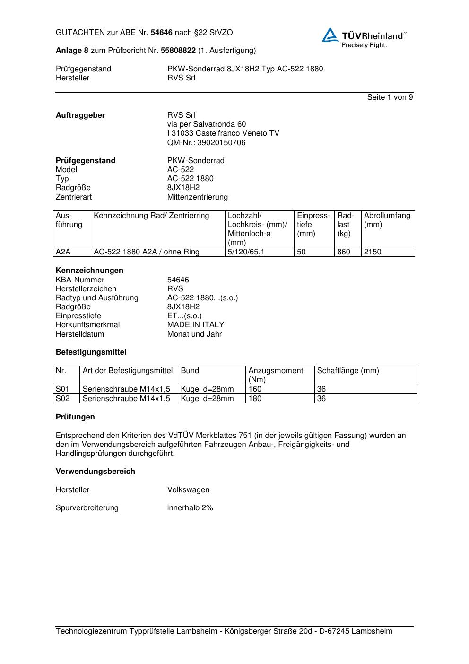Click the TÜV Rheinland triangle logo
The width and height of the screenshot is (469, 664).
[330, 35]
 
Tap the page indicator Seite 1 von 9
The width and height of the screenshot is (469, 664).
[390, 97]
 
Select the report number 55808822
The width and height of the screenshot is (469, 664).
[178, 51]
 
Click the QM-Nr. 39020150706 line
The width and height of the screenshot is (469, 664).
[206, 143]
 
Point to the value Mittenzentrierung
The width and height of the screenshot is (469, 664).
[197, 197]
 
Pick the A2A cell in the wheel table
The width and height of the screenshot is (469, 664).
[63, 252]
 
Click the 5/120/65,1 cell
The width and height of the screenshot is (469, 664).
[246, 252]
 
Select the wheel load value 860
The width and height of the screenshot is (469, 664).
[344, 252]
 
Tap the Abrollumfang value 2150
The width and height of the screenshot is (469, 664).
[373, 252]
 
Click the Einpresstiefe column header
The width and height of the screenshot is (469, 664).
[313, 225]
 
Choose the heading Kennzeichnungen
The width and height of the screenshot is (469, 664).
[89, 271]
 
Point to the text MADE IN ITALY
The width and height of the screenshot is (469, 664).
[196, 325]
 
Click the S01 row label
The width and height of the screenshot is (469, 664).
[62, 389]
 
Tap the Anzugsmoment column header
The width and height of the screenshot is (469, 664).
[276, 375]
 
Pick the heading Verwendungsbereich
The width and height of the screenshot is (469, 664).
[96, 472]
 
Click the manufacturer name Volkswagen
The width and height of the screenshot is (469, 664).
[188, 490]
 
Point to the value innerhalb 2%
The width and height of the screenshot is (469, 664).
[190, 508]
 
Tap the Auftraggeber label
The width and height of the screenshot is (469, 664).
[80, 115]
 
